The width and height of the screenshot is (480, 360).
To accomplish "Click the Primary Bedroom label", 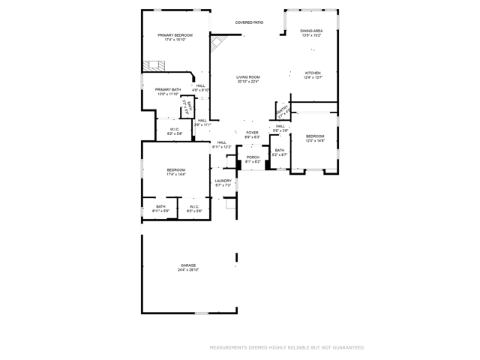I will click(175, 35).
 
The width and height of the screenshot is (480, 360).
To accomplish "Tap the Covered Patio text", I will click(249, 22).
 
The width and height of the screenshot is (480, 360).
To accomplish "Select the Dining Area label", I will click(311, 31).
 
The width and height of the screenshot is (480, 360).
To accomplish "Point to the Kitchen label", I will click(313, 73).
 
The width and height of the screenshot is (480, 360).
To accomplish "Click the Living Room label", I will click(248, 77).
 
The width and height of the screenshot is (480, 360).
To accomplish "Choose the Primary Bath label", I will click(168, 90).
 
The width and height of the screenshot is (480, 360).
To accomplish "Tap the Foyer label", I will click(252, 133).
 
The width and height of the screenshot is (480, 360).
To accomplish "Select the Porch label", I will click(253, 157).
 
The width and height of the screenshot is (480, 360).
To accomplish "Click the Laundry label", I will click(223, 180).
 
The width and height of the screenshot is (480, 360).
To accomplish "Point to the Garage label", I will click(187, 265).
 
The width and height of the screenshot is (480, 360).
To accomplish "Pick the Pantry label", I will click(283, 111).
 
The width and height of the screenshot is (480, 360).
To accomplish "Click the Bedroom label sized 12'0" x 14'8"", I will click(314, 136).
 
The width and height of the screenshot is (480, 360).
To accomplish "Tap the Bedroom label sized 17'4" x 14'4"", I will click(175, 170).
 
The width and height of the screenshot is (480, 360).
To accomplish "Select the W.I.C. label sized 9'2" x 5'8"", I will click(174, 129).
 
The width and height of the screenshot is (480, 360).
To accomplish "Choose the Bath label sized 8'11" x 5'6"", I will click(160, 206).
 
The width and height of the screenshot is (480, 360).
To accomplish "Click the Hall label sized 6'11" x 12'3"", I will click(221, 142).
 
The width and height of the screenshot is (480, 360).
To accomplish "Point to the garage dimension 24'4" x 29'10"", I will click(187, 269).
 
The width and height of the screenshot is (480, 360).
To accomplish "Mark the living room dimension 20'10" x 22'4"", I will click(248, 82).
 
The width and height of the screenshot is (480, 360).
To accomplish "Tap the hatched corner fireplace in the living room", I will click(218, 44).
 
